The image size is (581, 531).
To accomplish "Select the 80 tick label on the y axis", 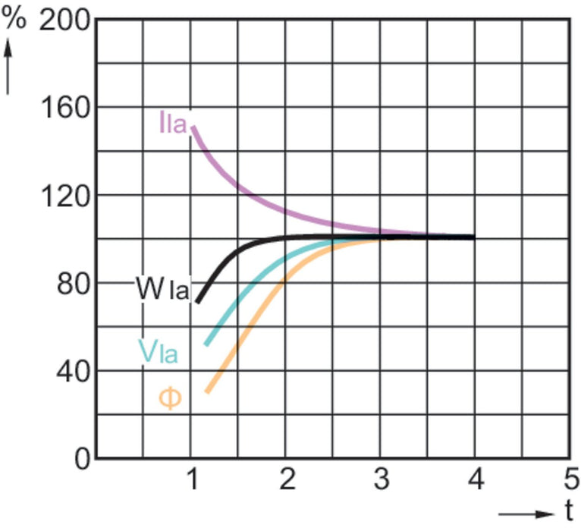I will (x=73, y=284).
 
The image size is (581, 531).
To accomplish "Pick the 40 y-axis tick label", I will (x=73, y=372).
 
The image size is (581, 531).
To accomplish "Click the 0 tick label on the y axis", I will (x=82, y=460).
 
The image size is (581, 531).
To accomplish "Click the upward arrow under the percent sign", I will (x=10, y=65).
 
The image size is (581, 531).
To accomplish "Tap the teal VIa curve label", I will (x=158, y=350).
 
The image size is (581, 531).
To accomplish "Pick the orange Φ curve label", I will (x=170, y=397).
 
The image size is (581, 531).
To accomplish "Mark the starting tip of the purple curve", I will (x=193, y=127).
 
